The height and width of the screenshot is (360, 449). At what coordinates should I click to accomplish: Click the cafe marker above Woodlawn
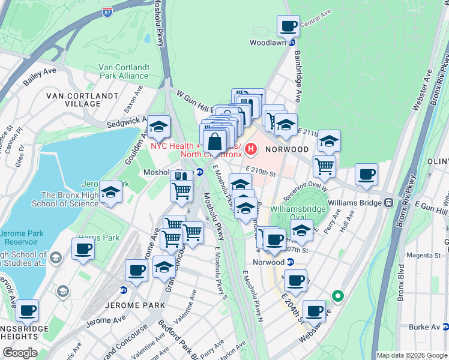pyautogui.click(x=288, y=26)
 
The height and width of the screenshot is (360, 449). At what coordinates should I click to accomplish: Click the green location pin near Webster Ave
pyautogui.click(x=338, y=295)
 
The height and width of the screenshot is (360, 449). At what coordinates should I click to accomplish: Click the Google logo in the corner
pyautogui.click(x=20, y=353)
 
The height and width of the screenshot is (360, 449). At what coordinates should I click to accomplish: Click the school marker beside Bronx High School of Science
pyautogui.click(x=110, y=193)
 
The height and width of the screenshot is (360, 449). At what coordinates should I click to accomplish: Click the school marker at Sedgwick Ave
pyautogui.click(x=159, y=127)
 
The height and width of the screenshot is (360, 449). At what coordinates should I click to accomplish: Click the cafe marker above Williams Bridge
pyautogui.click(x=366, y=175)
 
